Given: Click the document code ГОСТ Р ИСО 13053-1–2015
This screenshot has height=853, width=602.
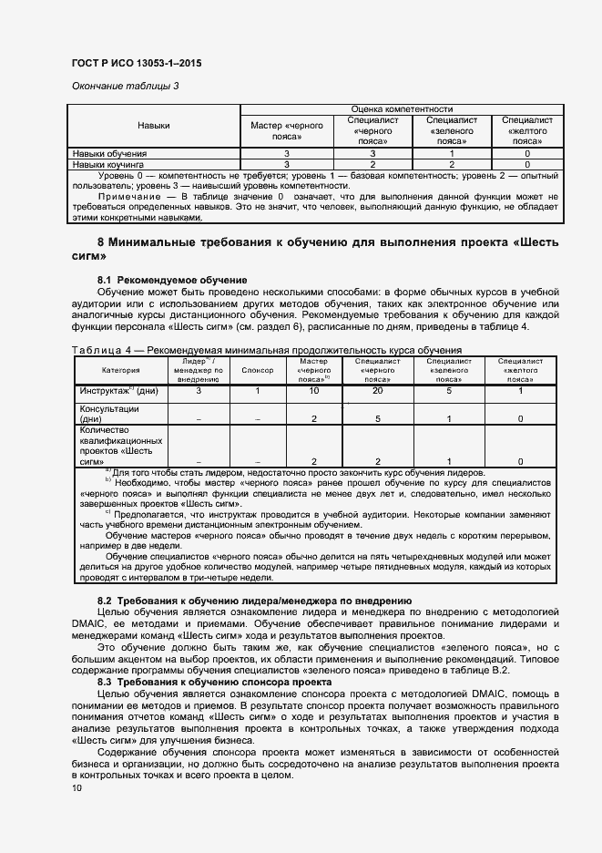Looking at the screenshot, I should click(136, 63).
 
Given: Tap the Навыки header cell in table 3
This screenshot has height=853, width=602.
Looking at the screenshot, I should click(154, 125).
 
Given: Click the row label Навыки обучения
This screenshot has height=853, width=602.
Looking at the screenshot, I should click(110, 154).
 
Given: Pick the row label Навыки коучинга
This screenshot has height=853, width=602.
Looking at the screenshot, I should click(110, 164).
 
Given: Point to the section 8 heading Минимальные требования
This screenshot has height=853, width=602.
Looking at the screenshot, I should click(328, 242).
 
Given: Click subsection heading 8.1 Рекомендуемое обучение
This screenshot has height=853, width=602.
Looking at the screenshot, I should click(172, 278).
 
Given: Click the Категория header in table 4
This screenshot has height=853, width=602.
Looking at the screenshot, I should click(121, 371).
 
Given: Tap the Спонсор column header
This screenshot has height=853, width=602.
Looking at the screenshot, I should click(258, 371).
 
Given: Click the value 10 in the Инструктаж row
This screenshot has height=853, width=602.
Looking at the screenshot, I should click(313, 391).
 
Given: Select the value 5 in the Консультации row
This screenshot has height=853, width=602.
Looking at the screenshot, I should click(377, 419).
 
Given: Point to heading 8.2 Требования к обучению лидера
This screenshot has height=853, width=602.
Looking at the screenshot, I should click(254, 601).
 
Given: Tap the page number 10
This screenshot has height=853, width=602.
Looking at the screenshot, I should click(76, 788).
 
